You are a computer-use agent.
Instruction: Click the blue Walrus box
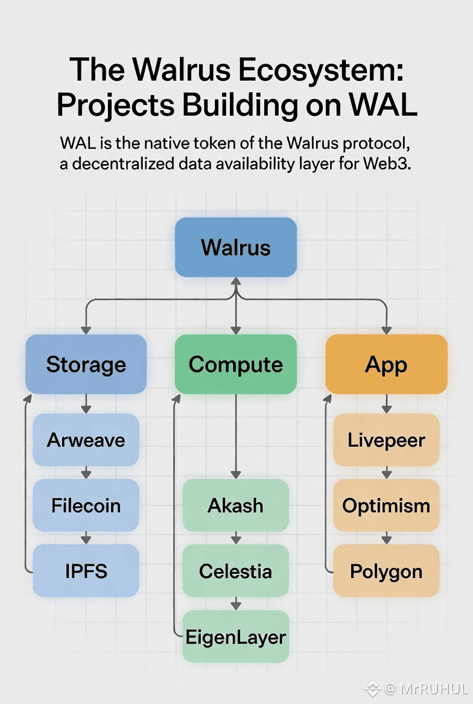click(x=235, y=248)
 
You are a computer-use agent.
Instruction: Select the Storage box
click(x=86, y=364)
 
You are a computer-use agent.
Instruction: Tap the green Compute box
click(x=235, y=364)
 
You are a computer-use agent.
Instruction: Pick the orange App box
click(x=386, y=364)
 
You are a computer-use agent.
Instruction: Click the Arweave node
click(x=86, y=440)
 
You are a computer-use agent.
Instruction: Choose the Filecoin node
click(x=86, y=505)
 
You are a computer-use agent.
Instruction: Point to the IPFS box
click(x=86, y=571)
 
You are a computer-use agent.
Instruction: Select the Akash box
click(x=235, y=505)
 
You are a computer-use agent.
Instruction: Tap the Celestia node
click(x=235, y=571)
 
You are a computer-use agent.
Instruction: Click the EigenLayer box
click(x=236, y=636)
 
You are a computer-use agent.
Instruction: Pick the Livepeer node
click(x=386, y=440)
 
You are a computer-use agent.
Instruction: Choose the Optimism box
click(x=386, y=505)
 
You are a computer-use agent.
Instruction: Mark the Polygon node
click(x=386, y=571)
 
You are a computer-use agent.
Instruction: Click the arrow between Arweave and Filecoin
click(x=86, y=473)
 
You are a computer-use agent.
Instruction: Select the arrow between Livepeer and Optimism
click(x=387, y=473)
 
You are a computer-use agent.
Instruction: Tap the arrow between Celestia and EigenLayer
click(x=236, y=603)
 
